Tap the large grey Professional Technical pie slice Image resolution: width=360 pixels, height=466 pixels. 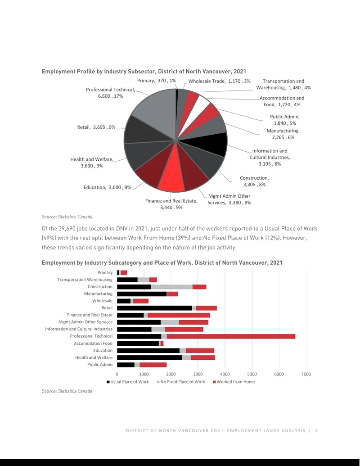click(x=157, y=110)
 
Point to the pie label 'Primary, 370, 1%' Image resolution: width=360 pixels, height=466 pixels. click(x=157, y=81)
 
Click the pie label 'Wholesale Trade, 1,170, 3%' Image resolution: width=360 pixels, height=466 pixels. click(x=219, y=81)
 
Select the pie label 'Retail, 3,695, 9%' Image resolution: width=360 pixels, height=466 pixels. click(x=96, y=127)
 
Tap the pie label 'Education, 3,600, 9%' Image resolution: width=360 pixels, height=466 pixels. click(x=107, y=187)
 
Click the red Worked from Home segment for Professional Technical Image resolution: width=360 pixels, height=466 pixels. click(x=231, y=336)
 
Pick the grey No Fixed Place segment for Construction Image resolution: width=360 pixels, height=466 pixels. click(x=171, y=287)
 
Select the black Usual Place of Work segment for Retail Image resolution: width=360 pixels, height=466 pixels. click(x=154, y=308)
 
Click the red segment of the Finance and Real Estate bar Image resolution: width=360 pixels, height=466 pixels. click(x=179, y=315)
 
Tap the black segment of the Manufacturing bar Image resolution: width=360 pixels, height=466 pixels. click(x=142, y=294)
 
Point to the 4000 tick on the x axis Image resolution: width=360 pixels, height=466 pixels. click(x=225, y=374)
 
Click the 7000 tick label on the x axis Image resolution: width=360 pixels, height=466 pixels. click(x=306, y=374)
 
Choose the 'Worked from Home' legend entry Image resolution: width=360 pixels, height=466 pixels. click(x=234, y=382)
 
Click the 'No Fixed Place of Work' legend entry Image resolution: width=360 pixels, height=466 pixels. click(x=181, y=382)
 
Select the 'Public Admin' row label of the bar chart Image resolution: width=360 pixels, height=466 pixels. click(x=100, y=365)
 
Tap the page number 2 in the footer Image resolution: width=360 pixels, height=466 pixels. click(x=316, y=430)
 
